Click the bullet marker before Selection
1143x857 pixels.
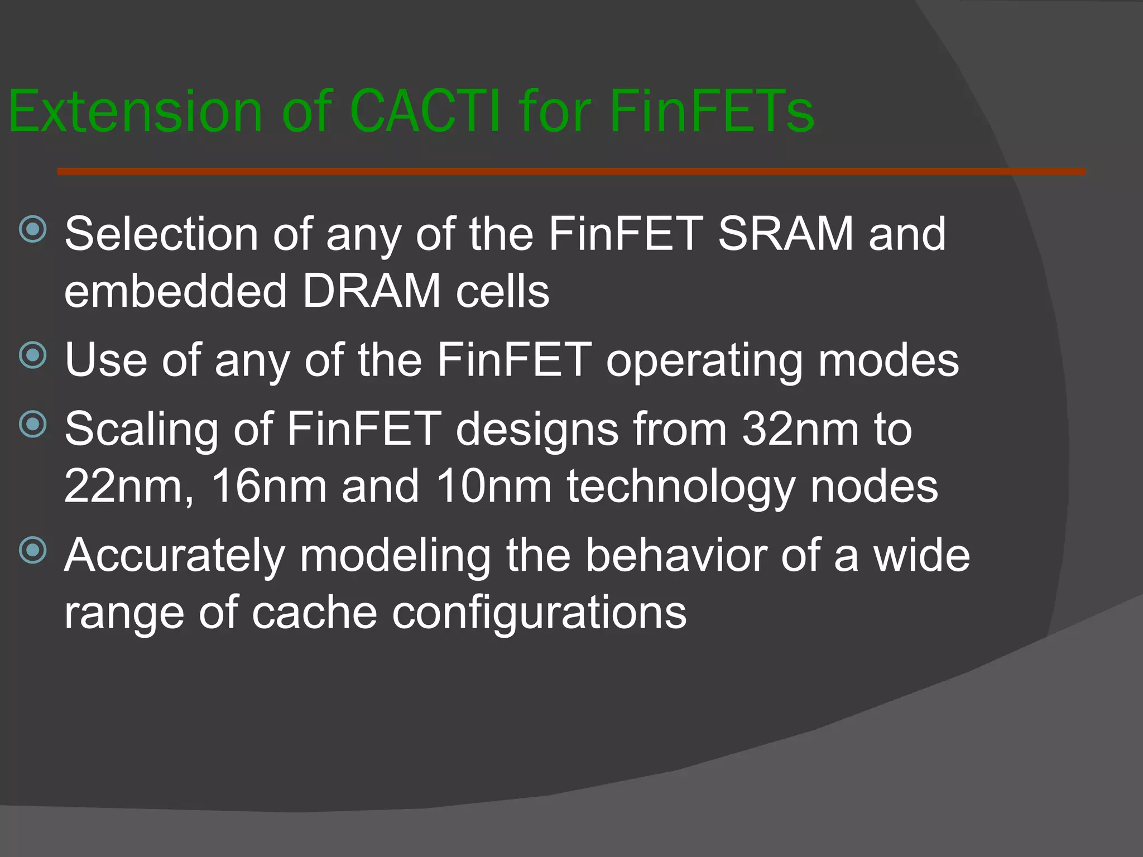point(33,229)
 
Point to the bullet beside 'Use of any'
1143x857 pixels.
point(33,355)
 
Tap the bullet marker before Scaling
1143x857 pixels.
point(33,425)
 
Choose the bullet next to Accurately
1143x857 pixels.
point(33,551)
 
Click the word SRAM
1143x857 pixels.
point(785,234)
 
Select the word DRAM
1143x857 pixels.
point(371,291)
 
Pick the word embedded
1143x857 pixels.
point(175,291)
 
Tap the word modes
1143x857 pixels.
point(889,360)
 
